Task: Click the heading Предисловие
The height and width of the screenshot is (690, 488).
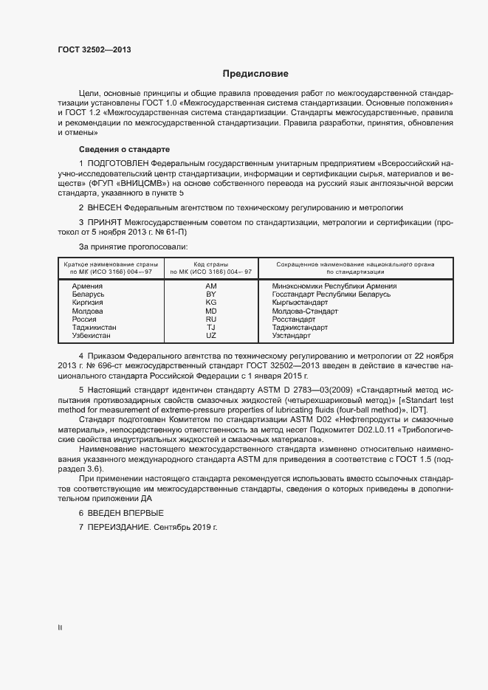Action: click(x=255, y=74)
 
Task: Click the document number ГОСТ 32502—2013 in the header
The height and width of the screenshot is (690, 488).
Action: click(x=95, y=50)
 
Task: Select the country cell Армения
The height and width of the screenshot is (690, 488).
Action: click(x=87, y=286)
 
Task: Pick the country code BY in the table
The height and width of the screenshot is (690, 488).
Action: click(x=210, y=294)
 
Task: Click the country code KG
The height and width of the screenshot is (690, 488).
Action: click(x=210, y=303)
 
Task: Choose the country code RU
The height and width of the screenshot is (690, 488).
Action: click(x=210, y=319)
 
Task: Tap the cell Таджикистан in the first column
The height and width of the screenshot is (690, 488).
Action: click(x=94, y=327)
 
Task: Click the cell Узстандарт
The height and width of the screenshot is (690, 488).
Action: click(x=292, y=335)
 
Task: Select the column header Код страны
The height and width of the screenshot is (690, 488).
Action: click(x=210, y=263)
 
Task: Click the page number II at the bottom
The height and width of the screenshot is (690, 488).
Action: click(x=60, y=628)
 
